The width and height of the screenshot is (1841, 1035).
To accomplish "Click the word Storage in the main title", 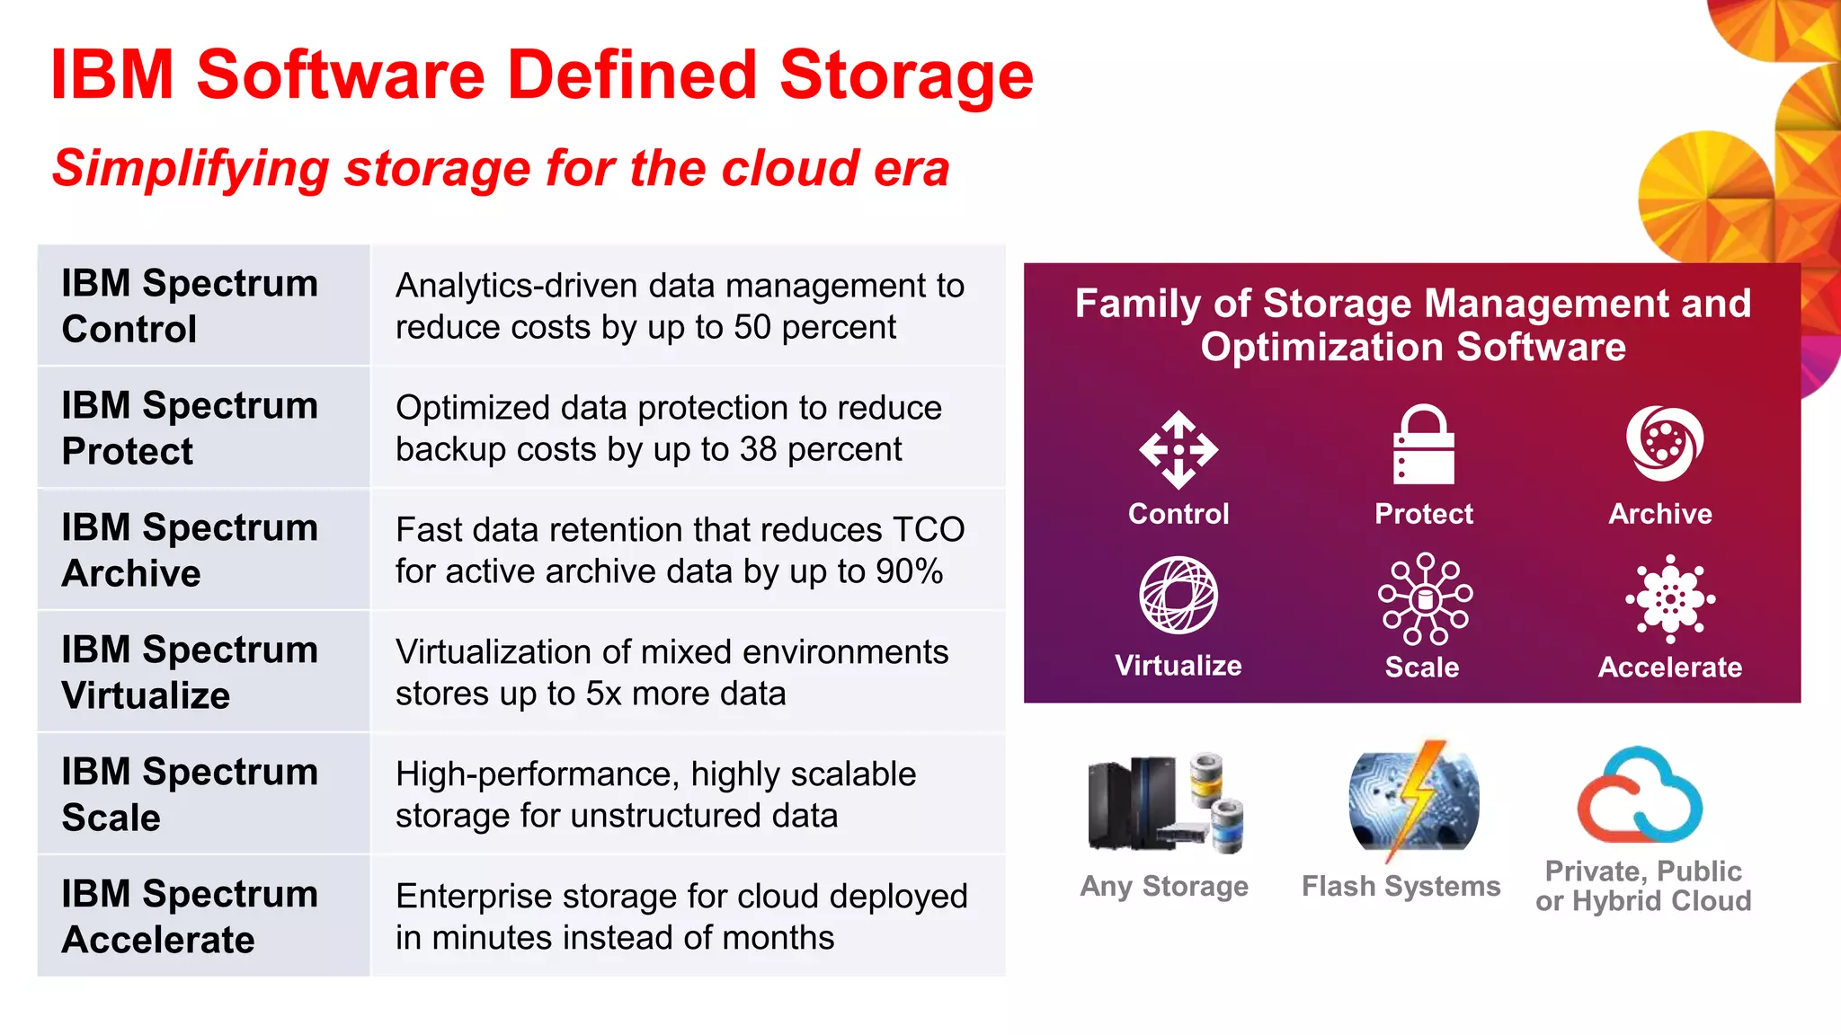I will coord(906,75).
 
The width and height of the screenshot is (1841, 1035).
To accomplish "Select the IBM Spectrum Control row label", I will coord(190,305).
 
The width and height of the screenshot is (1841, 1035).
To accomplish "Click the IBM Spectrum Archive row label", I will coord(190,550).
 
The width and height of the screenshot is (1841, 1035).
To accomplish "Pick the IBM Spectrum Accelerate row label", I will coord(190,916).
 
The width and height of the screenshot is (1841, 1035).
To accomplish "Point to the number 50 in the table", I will coord(752,328).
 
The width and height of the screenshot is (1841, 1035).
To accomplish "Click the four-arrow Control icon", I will coord(1178,449).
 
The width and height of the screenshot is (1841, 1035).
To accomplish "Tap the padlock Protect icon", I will coord(1423,445).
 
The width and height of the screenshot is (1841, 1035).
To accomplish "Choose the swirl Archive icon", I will coord(1664,443).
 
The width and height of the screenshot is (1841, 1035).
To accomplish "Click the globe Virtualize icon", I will coord(1178,595).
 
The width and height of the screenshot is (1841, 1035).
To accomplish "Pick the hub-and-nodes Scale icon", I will coord(1425,598).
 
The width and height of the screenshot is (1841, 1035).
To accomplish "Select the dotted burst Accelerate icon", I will coord(1670,598).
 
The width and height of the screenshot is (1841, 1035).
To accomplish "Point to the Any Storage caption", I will coord(1164,886).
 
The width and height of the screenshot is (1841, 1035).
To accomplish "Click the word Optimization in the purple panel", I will coord(1322,347).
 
